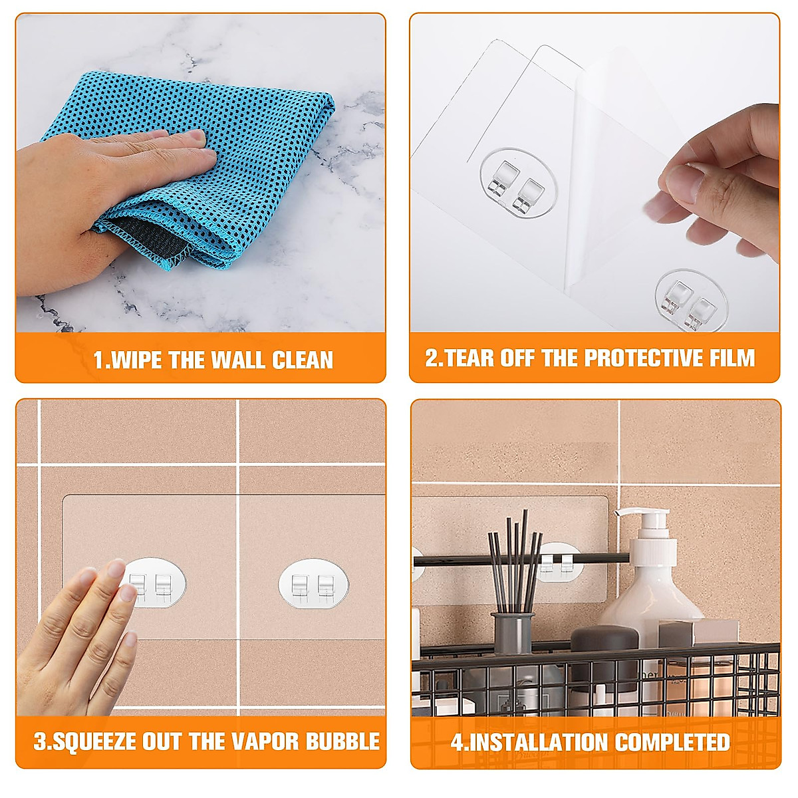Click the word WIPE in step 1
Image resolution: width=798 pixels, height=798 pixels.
(137, 360)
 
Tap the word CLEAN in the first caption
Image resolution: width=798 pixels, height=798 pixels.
(303, 360)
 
